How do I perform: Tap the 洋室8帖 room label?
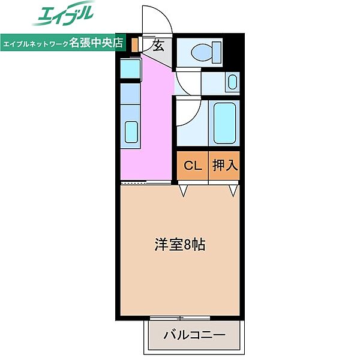180,245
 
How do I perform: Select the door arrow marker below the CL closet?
184,191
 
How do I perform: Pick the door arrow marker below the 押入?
233,191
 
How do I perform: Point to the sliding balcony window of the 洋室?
179,317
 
